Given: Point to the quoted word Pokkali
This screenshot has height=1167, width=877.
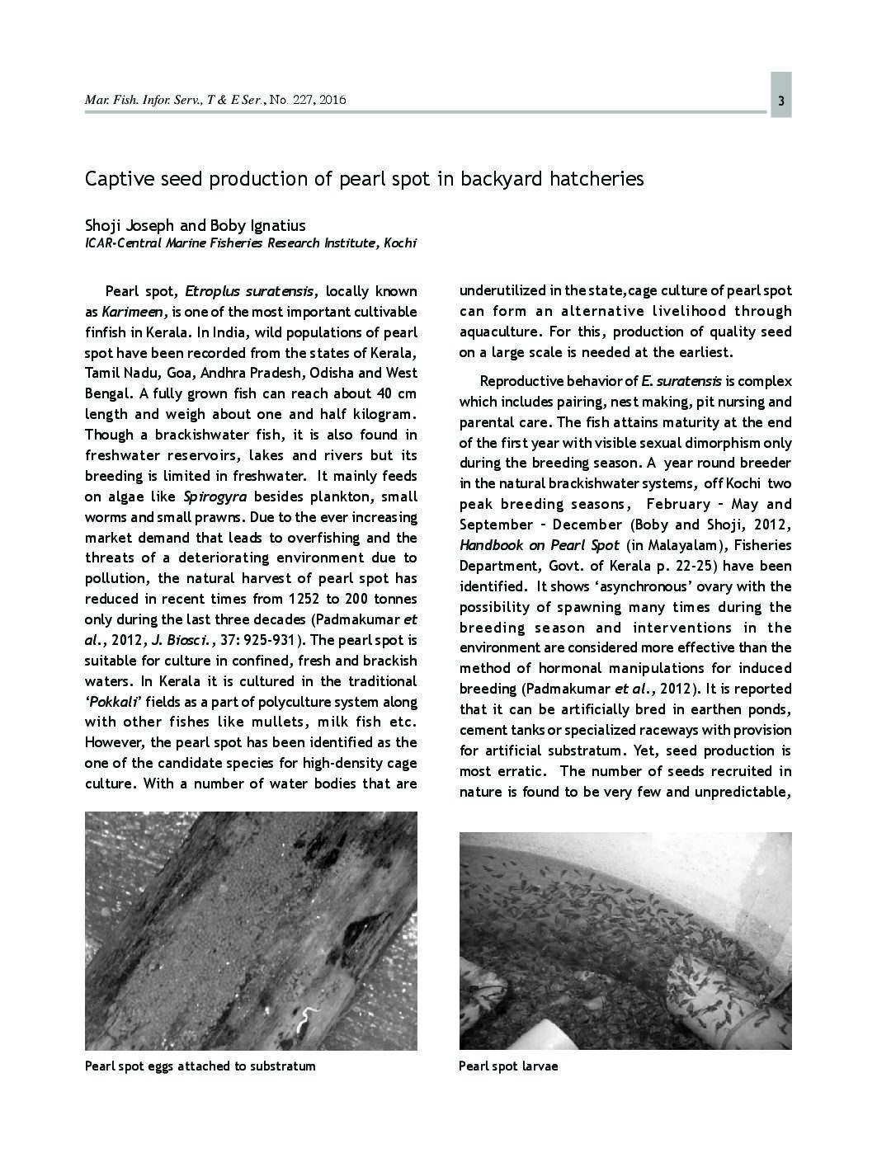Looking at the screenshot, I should [118, 702].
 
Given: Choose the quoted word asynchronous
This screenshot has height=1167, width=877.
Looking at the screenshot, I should [635, 586].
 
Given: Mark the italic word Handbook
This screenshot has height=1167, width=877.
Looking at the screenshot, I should [493, 545].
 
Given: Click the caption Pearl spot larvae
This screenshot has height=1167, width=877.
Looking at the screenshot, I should [508, 1066].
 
